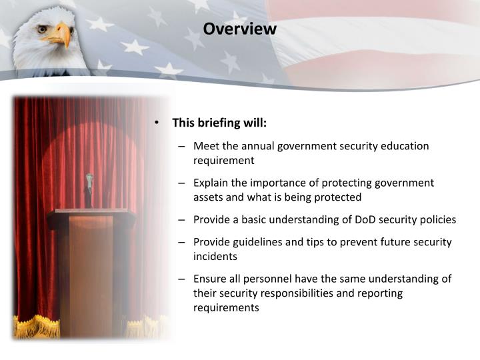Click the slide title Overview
point(239,29)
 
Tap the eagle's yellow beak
point(64,35)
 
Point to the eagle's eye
point(42,29)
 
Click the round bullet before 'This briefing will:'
point(157,123)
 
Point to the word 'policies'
point(437,219)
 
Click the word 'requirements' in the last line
point(225,307)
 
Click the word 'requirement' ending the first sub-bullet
point(224,161)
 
